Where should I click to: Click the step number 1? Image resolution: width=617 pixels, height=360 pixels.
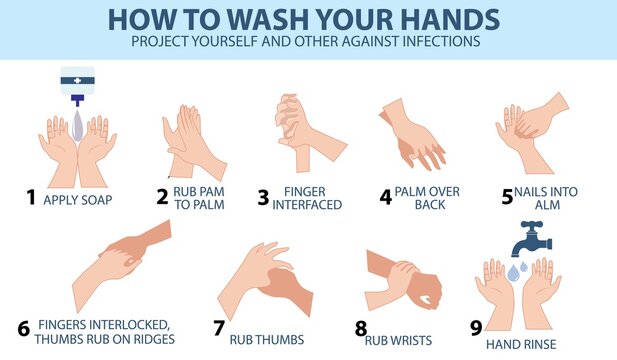click(x=31, y=197)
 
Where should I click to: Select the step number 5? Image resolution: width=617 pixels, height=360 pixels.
click(x=505, y=196)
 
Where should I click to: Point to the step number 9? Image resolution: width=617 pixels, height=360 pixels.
click(x=476, y=326)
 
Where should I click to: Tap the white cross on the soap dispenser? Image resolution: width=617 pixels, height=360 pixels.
click(x=77, y=78)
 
